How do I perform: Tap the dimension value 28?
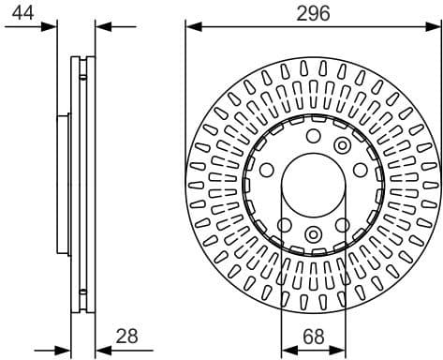(127, 335)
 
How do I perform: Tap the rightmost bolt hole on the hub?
(360, 172)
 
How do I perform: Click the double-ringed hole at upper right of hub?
(341, 145)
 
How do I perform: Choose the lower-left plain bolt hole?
(283, 224)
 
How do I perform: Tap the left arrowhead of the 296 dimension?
(192, 25)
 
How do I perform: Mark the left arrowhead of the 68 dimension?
(287, 350)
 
